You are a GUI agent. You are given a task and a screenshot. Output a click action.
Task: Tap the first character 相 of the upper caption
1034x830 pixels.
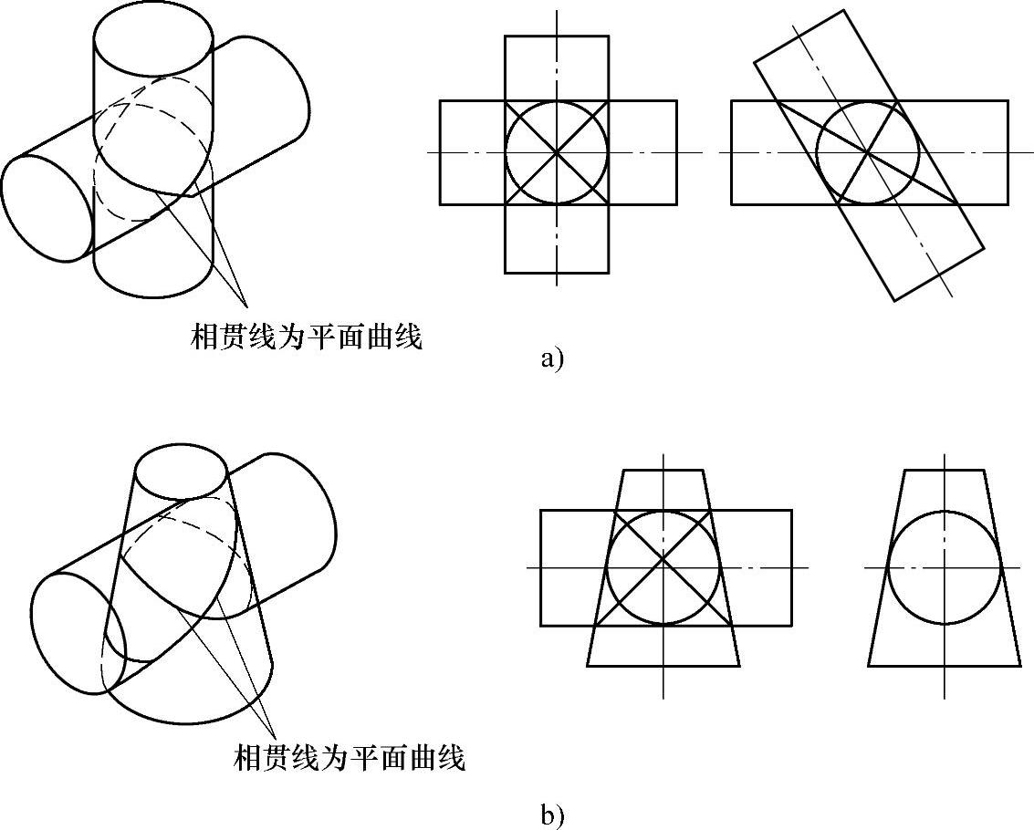coord(204,337)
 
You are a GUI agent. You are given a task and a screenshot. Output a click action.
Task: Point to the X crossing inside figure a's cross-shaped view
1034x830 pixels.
coord(557,152)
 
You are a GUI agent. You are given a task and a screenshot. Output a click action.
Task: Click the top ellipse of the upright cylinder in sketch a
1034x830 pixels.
coord(153,34)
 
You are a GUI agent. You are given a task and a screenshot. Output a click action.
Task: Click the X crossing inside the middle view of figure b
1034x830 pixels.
coord(663,567)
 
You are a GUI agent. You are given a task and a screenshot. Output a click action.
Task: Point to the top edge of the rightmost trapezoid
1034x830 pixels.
coord(945,471)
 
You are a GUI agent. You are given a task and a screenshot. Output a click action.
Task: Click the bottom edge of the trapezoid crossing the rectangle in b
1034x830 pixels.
coord(663,666)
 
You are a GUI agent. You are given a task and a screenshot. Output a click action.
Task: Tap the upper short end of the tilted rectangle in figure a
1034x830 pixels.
coord(800,36)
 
